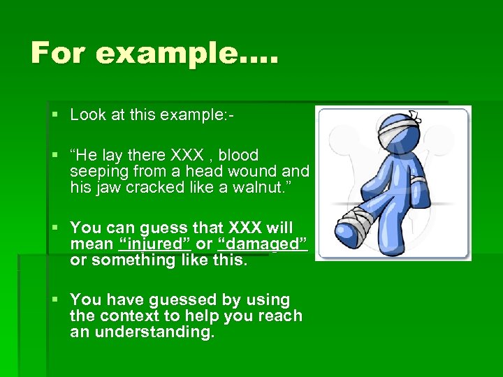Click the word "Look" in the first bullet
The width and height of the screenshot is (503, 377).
(x=87, y=115)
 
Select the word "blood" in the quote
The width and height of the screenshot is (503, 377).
(x=238, y=155)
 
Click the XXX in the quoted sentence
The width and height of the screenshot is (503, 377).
(x=203, y=155)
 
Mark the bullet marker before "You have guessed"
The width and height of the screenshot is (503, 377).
(x=55, y=300)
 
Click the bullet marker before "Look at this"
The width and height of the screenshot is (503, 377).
(x=55, y=115)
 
